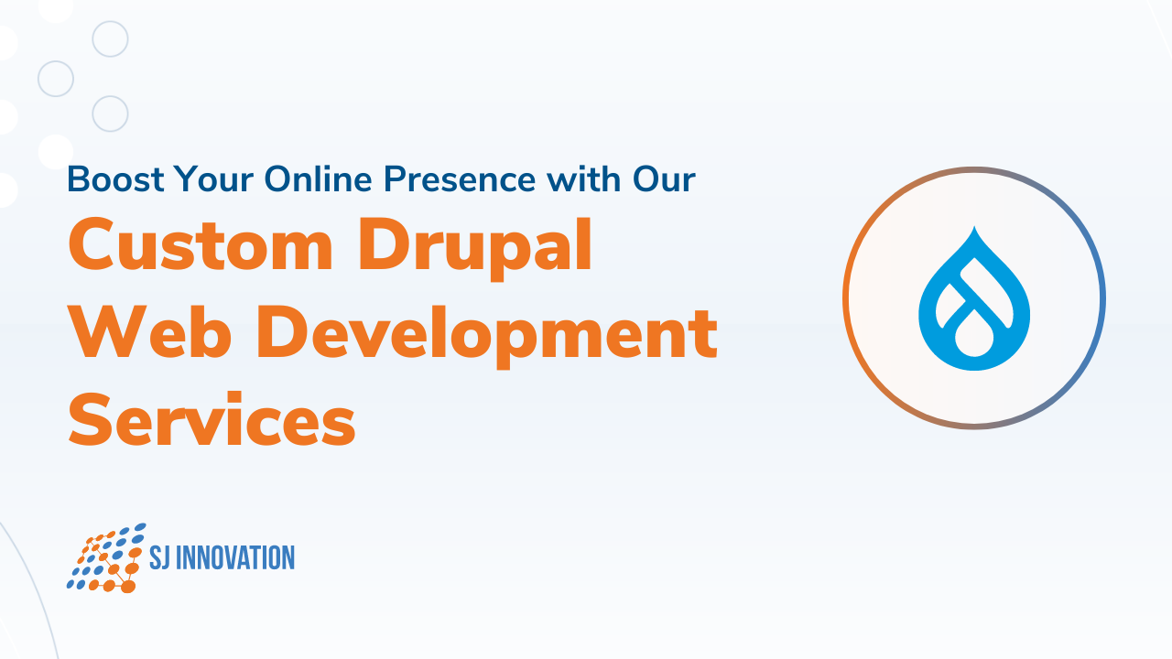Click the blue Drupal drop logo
point(974,298)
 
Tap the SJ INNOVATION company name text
point(222,557)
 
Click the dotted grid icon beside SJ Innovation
point(106,557)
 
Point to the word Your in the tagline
point(216,179)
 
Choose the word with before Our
point(581,179)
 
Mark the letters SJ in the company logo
point(159,557)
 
